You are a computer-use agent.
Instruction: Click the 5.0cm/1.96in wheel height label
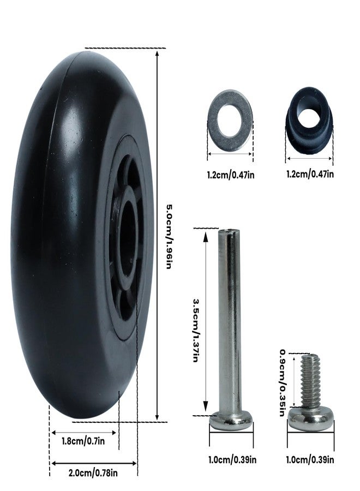coord(169,237)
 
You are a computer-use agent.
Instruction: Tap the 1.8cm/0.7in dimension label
coord(83,441)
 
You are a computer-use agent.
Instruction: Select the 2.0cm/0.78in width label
coord(93,472)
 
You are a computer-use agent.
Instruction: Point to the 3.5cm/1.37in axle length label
coord(196,330)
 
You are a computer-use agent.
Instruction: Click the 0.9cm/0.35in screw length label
coord(282,382)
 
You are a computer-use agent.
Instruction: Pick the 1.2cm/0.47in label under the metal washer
coord(231,175)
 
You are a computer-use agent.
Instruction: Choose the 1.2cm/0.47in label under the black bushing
coord(310,173)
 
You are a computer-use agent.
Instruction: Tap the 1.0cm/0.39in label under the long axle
coord(232,460)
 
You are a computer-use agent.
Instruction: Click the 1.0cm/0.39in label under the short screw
coord(310,460)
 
